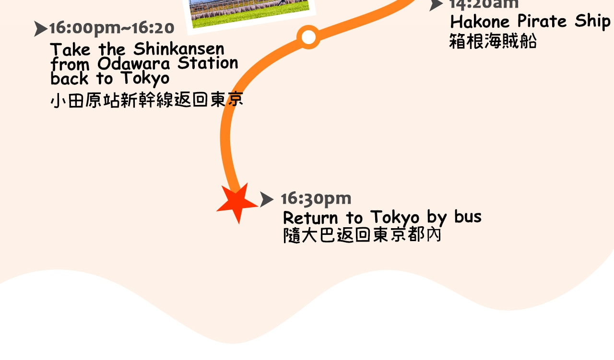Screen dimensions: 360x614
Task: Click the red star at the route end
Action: (237, 203)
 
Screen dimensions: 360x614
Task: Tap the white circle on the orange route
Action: (308, 37)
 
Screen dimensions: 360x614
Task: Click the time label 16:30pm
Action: (316, 198)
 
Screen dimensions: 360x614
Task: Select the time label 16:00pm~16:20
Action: (112, 28)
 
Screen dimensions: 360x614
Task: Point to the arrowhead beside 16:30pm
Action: (266, 199)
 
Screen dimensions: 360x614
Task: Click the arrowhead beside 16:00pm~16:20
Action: (41, 29)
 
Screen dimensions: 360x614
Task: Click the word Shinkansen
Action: (179, 49)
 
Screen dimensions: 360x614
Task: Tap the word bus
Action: (468, 217)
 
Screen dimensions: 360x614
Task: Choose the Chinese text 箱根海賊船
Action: (493, 42)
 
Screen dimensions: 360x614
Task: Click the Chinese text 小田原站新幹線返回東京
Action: (147, 100)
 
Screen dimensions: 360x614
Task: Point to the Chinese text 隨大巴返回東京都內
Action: (362, 235)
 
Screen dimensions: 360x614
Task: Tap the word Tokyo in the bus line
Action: (395, 218)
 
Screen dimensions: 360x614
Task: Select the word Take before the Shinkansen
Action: (70, 49)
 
